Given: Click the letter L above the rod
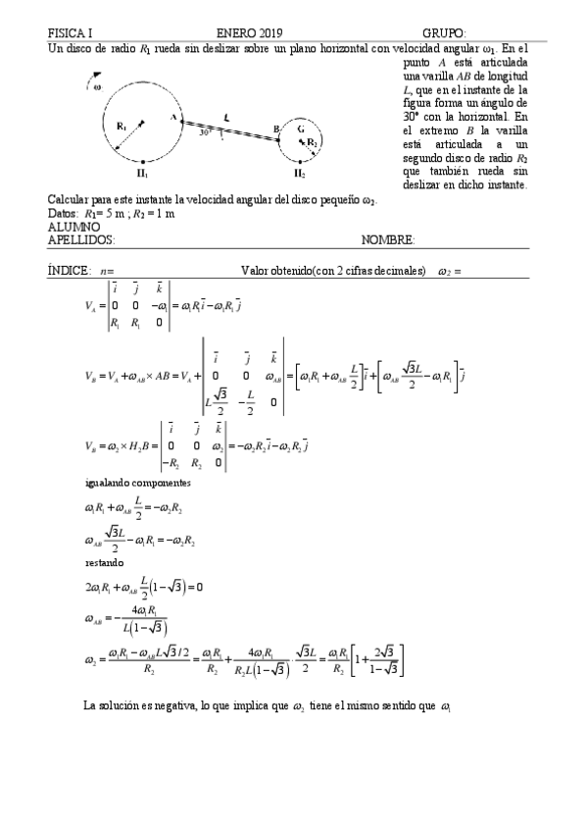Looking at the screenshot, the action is (x=225, y=117).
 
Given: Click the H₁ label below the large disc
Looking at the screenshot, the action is (x=143, y=173).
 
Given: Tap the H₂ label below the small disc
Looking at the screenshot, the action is (x=298, y=174).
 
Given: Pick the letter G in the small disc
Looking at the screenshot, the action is (x=301, y=129).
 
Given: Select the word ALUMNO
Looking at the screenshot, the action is (x=73, y=226).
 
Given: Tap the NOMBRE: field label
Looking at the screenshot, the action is (x=387, y=238).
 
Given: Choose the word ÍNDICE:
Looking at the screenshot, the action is (x=70, y=270).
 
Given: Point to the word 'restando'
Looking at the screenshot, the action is (x=105, y=563).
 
